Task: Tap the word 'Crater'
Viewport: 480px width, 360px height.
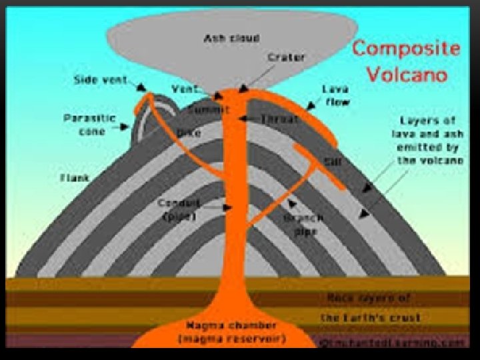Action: coord(281,58)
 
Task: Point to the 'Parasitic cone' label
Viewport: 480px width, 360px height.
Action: coord(89,125)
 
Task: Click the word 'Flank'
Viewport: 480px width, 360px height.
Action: coord(73,177)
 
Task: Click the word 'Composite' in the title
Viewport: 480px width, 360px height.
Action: coord(406,49)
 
